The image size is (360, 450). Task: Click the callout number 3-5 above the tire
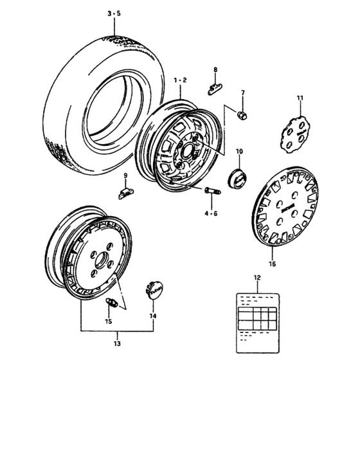point(113,12)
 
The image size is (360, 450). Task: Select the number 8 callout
point(215,69)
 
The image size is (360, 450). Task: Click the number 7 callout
point(243,94)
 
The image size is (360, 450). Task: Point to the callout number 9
point(126,175)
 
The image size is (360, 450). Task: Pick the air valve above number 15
point(110,303)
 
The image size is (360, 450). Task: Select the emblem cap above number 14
point(153,290)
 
